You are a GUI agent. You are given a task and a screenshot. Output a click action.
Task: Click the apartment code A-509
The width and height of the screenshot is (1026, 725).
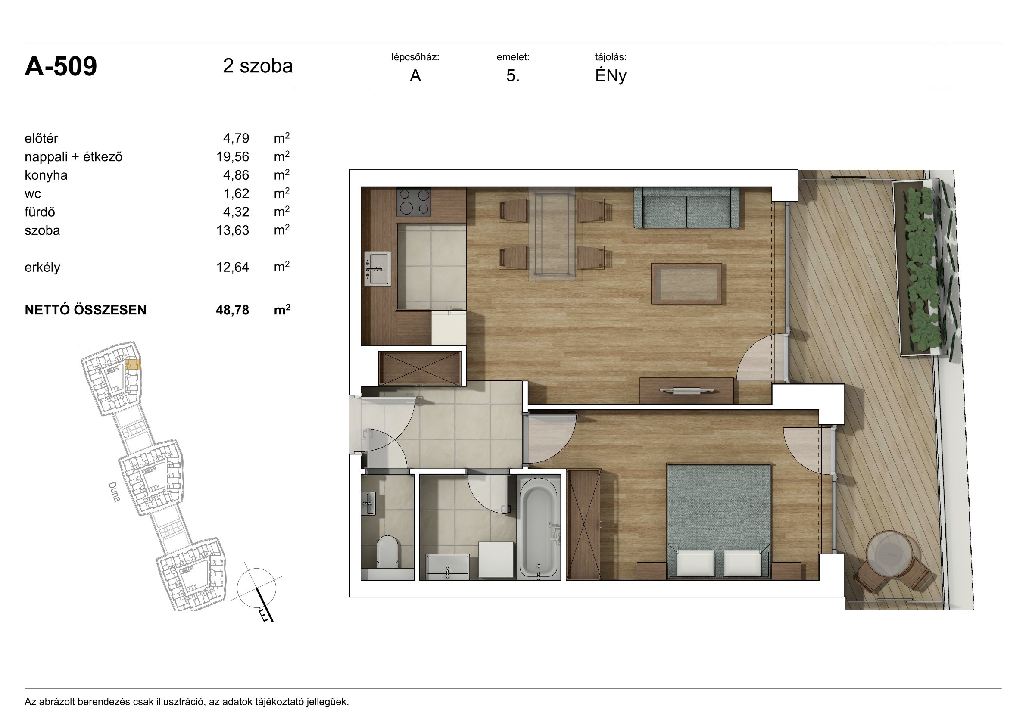pyautogui.click(x=61, y=67)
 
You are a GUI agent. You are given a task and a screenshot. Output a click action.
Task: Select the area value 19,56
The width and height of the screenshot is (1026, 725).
pyautogui.click(x=232, y=157)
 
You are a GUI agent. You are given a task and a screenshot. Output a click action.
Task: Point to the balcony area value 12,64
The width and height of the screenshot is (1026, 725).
pyautogui.click(x=232, y=267)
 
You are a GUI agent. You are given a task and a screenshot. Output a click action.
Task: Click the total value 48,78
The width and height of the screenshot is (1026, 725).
pyautogui.click(x=232, y=310)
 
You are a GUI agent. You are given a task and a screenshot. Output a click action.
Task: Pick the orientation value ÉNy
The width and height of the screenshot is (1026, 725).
pyautogui.click(x=611, y=76)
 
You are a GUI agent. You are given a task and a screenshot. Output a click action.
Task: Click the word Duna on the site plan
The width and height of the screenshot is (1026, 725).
pyautogui.click(x=114, y=492)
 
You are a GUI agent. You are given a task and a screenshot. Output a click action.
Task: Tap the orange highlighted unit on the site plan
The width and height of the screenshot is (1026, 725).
pyautogui.click(x=133, y=365)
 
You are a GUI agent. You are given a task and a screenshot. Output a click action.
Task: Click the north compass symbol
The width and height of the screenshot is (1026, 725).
pyautogui.click(x=257, y=591)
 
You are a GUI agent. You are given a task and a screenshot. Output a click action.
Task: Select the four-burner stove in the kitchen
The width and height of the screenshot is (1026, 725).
pyautogui.click(x=414, y=202)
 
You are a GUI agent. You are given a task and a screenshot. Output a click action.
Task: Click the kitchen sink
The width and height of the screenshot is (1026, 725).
pyautogui.click(x=377, y=269)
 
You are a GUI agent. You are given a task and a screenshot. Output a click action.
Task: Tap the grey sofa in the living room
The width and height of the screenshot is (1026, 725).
pyautogui.click(x=686, y=208)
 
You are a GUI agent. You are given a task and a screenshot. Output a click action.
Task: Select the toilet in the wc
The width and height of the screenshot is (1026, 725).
pyautogui.click(x=387, y=552)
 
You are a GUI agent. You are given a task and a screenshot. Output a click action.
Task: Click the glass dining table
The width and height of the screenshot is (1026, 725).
pyautogui.click(x=552, y=234)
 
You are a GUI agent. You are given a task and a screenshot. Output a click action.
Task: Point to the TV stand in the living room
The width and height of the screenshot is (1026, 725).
pyautogui.click(x=686, y=391)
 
